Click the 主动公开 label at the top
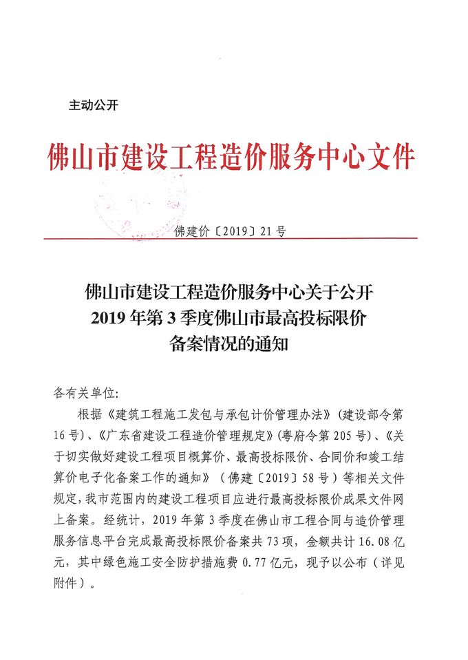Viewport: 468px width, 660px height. [94, 105]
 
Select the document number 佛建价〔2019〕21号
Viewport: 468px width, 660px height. [231, 231]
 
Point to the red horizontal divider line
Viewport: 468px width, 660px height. [231, 239]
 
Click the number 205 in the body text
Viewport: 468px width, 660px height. [335, 435]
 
